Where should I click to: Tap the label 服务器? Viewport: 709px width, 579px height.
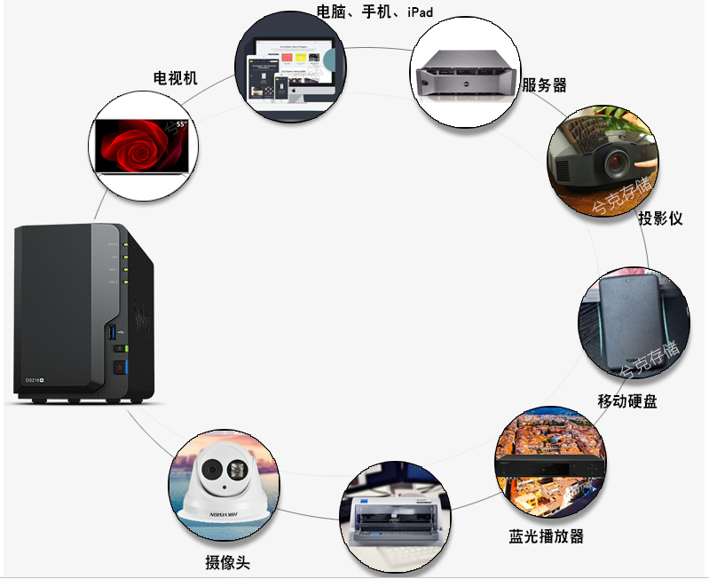544,85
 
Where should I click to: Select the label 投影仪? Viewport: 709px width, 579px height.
660,218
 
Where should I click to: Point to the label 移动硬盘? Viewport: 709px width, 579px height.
627,401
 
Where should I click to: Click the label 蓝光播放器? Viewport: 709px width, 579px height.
547,536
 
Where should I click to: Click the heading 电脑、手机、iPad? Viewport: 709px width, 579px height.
375,12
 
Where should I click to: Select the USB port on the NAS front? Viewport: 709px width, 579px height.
111,332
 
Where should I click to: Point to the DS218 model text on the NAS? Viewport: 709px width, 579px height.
36,380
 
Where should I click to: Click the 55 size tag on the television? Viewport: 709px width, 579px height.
180,125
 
